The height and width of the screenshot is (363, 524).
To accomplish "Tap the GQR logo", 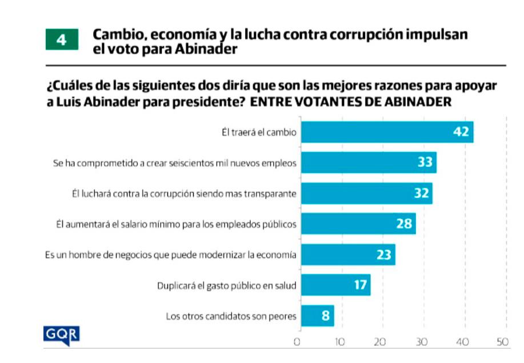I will coord(61,336).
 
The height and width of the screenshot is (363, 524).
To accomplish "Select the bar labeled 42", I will coord(387,132).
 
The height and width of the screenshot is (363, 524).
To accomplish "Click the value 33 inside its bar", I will coord(424,163).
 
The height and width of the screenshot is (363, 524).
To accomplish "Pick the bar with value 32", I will coord(366,193).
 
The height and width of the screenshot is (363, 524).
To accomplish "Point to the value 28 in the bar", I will coord(403,224).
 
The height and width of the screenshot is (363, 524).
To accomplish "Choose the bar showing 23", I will coord(348,255).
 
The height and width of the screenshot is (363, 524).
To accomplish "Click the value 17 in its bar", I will coord(360,285).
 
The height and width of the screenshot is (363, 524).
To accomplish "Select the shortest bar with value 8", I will coord(317,316).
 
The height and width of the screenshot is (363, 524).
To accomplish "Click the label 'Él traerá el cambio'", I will coord(259,132).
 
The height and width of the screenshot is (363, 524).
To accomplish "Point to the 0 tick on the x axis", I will coord(297,342).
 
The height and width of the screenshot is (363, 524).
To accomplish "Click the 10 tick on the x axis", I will coord(339,342).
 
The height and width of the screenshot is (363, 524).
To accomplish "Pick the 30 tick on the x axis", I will coord(421,342).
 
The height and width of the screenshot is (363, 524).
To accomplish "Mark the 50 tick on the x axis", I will coord(503,342).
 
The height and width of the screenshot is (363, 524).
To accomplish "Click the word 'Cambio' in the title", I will coord(117,34).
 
